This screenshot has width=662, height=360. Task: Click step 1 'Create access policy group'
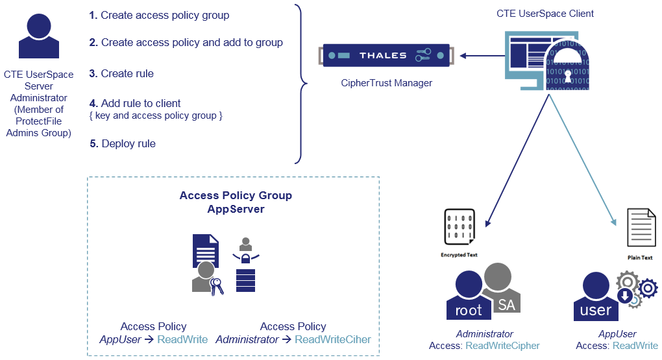click(159, 15)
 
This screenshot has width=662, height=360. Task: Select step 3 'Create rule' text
click(121, 74)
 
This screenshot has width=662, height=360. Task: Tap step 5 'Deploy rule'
click(123, 143)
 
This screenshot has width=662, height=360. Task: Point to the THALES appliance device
click(385, 55)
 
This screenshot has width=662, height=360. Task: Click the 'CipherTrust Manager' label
click(386, 83)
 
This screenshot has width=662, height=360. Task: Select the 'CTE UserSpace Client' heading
click(545, 14)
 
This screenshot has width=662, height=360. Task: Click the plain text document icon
click(640, 228)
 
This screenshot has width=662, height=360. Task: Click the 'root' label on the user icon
click(468, 310)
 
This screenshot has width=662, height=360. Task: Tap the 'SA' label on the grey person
click(506, 304)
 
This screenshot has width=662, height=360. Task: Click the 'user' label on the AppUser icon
click(595, 310)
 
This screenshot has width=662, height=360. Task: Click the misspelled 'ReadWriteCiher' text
click(332, 339)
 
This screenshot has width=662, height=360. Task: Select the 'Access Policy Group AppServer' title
click(236, 202)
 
